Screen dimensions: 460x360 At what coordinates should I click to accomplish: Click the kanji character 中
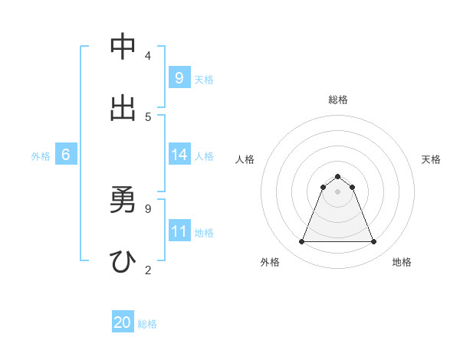tap(123, 47)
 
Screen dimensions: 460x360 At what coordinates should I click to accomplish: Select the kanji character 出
tap(123, 108)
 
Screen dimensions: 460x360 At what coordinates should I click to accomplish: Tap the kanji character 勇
tap(123, 201)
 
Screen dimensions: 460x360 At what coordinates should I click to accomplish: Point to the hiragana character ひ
tap(123, 261)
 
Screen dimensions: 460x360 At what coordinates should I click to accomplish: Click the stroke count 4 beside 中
tap(148, 56)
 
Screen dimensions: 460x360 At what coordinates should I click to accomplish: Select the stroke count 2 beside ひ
tap(148, 270)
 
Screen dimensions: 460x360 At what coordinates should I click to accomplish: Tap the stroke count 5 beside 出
tap(148, 116)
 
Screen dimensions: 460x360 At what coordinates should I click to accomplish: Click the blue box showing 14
tap(179, 155)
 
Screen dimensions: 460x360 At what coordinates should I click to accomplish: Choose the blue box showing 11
tap(179, 231)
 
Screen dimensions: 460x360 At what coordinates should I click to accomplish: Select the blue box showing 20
tap(123, 323)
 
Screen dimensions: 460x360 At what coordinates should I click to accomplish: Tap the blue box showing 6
tap(66, 155)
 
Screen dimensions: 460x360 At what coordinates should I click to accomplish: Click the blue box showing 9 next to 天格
tap(179, 78)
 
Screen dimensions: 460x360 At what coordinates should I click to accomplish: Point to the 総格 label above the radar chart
tap(338, 100)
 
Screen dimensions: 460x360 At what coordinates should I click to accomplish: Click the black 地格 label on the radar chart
tap(402, 263)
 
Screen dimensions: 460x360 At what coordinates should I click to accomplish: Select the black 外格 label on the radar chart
tap(270, 263)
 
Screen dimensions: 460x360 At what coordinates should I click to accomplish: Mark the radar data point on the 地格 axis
tap(374, 242)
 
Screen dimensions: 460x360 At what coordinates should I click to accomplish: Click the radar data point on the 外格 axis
tap(301, 242)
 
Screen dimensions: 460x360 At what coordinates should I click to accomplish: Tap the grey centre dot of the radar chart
tap(338, 191)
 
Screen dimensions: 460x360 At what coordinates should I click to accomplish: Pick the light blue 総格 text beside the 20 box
tap(147, 324)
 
